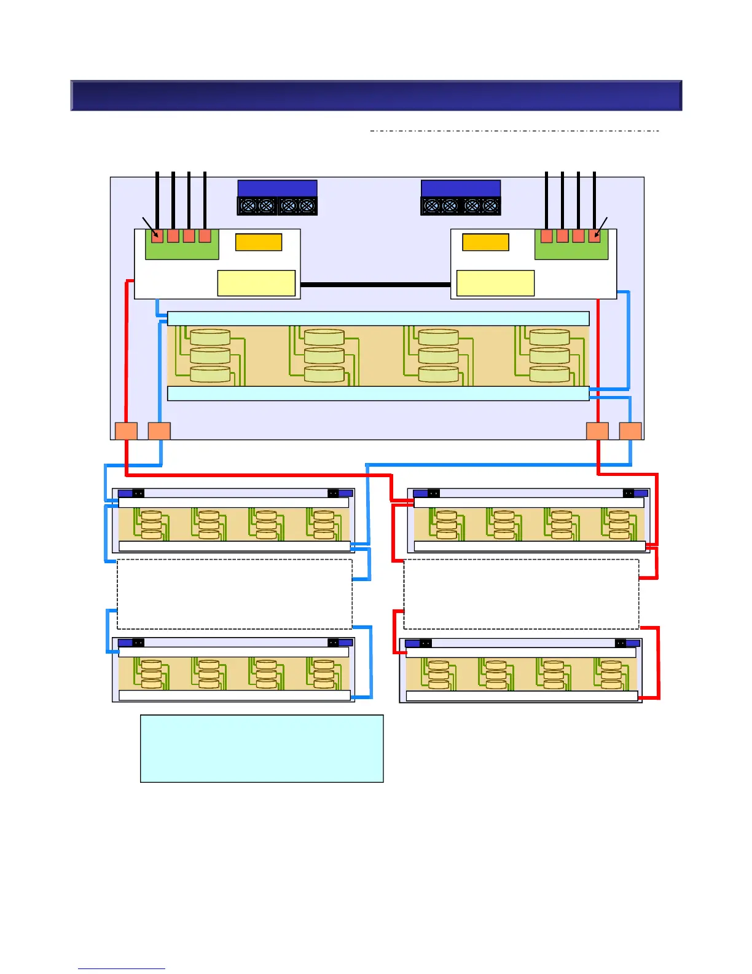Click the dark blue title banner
376,95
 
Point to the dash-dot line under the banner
515,131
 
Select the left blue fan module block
277,197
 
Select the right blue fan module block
461,197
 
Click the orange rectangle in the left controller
259,242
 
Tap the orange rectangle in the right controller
485,242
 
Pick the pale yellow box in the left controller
256,283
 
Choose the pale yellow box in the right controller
495,283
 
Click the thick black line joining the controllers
375,285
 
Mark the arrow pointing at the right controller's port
601,225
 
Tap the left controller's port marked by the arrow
157,236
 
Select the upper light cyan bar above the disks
378,319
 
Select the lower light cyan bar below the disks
378,394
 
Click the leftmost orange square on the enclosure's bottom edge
126,431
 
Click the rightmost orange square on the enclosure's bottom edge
630,431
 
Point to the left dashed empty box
235,594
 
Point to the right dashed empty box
521,594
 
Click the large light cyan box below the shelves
262,748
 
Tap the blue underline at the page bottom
122,969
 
